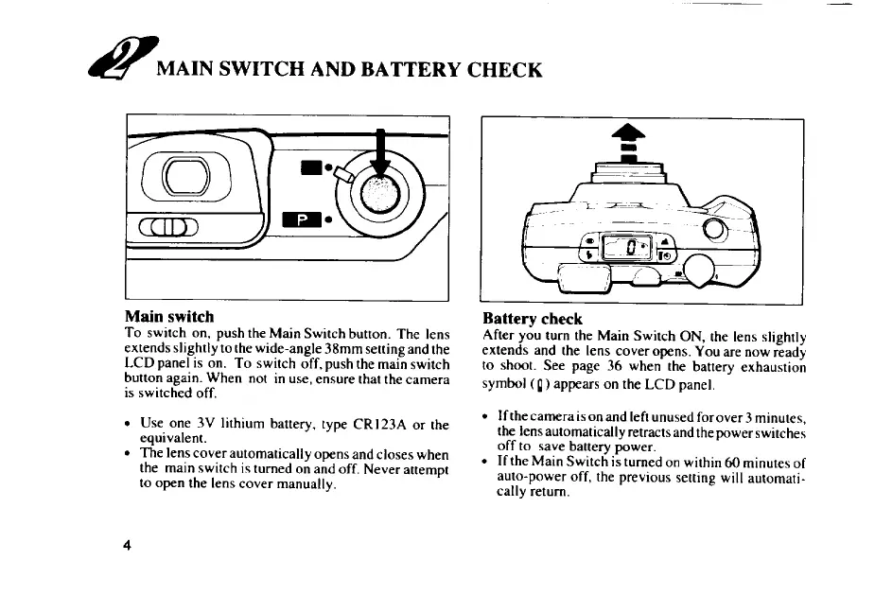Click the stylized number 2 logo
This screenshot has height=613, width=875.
pyautogui.click(x=123, y=58)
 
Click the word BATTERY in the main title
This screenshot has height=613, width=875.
pyautogui.click(x=411, y=70)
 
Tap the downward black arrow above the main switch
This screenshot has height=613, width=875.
pyautogui.click(x=380, y=152)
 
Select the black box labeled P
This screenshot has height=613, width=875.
pyautogui.click(x=302, y=220)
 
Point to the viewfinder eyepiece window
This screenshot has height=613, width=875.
pyautogui.click(x=185, y=176)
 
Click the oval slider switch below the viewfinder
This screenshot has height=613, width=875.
pyautogui.click(x=168, y=227)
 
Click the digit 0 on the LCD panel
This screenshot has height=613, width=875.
pyautogui.click(x=631, y=247)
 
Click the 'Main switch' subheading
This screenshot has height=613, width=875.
pyautogui.click(x=169, y=317)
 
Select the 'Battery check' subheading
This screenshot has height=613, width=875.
pyautogui.click(x=533, y=319)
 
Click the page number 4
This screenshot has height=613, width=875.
pyautogui.click(x=128, y=545)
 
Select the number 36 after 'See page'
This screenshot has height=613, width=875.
pyautogui.click(x=614, y=367)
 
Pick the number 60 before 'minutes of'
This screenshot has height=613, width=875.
pyautogui.click(x=732, y=463)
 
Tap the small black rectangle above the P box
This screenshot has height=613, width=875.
pyautogui.click(x=311, y=166)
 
